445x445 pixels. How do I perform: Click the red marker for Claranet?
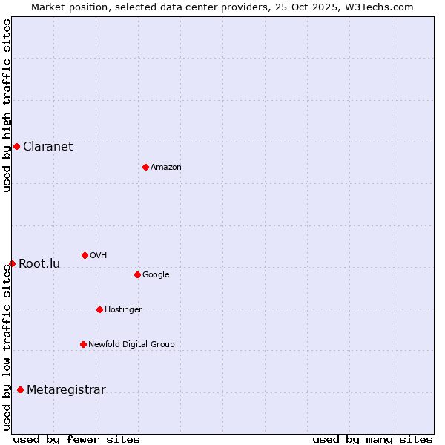point(16,146)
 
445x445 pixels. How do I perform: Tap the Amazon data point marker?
point(145,167)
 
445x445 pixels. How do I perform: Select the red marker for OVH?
point(85,255)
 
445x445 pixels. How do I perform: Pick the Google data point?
point(137,274)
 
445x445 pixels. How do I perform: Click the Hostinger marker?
point(99,309)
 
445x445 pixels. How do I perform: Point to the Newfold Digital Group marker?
point(83,344)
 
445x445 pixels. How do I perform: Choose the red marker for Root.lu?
point(12,263)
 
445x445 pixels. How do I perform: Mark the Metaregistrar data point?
point(20,389)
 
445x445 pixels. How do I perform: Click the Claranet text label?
point(47,146)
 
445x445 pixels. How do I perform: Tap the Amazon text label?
point(166,167)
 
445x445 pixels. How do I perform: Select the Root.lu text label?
point(39,263)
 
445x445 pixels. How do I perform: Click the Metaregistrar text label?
point(66,389)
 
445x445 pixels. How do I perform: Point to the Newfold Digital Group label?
point(131,344)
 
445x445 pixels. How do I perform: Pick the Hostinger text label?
point(123,309)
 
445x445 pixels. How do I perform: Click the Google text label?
point(156,274)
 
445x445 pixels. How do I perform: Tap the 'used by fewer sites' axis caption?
point(76,439)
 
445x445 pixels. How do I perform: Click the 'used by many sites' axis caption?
point(372,439)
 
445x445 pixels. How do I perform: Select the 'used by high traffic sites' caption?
point(7,105)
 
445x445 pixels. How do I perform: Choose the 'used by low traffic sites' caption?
point(7,347)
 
